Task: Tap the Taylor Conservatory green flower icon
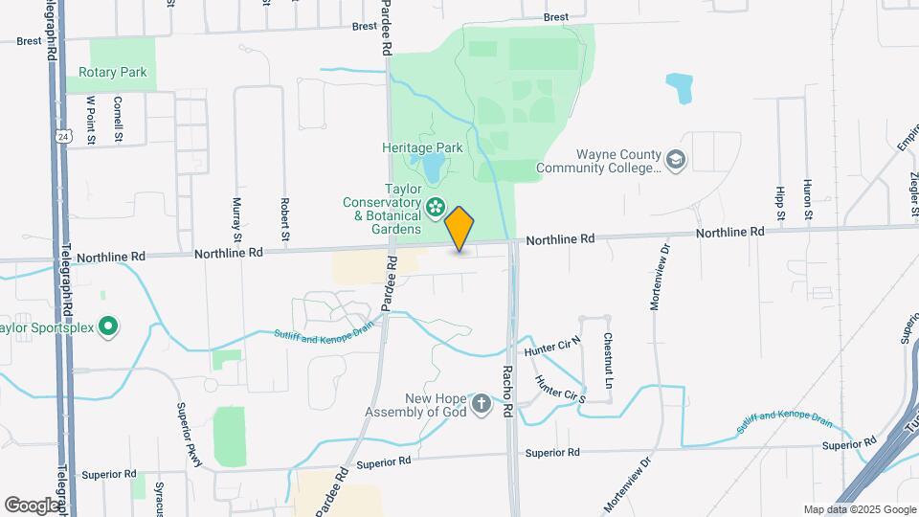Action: click(436, 206)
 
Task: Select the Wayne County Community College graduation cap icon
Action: click(677, 159)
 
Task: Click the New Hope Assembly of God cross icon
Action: click(482, 405)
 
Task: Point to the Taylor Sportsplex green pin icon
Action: click(108, 327)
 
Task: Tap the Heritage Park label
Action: click(422, 147)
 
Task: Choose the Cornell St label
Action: click(119, 118)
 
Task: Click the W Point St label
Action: click(92, 119)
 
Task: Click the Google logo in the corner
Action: click(33, 505)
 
